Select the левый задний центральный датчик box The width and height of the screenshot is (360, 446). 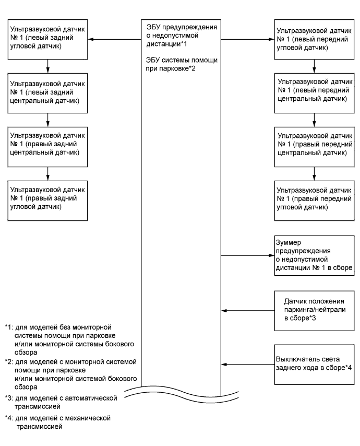[x=48, y=92]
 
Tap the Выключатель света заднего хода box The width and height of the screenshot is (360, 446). [x=313, y=363]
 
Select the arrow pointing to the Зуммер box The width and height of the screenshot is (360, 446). [x=247, y=256]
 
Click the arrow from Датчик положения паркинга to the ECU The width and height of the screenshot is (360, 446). [x=247, y=310]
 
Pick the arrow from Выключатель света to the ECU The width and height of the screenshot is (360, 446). [x=247, y=364]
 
